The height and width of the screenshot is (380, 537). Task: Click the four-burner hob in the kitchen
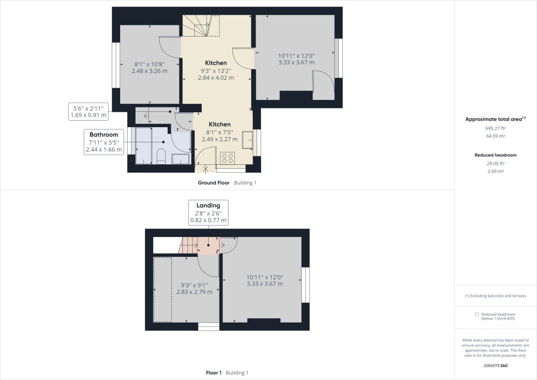click(227, 158)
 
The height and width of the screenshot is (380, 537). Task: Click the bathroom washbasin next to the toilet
click(180, 159)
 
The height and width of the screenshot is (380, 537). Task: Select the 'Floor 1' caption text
click(214, 373)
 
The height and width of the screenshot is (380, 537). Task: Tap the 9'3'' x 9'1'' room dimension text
click(194, 285)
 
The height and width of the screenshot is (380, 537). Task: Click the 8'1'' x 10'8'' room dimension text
click(149, 64)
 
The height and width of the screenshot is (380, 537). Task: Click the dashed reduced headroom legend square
click(477, 314)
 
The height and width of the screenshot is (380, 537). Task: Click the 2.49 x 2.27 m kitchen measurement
click(220, 139)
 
